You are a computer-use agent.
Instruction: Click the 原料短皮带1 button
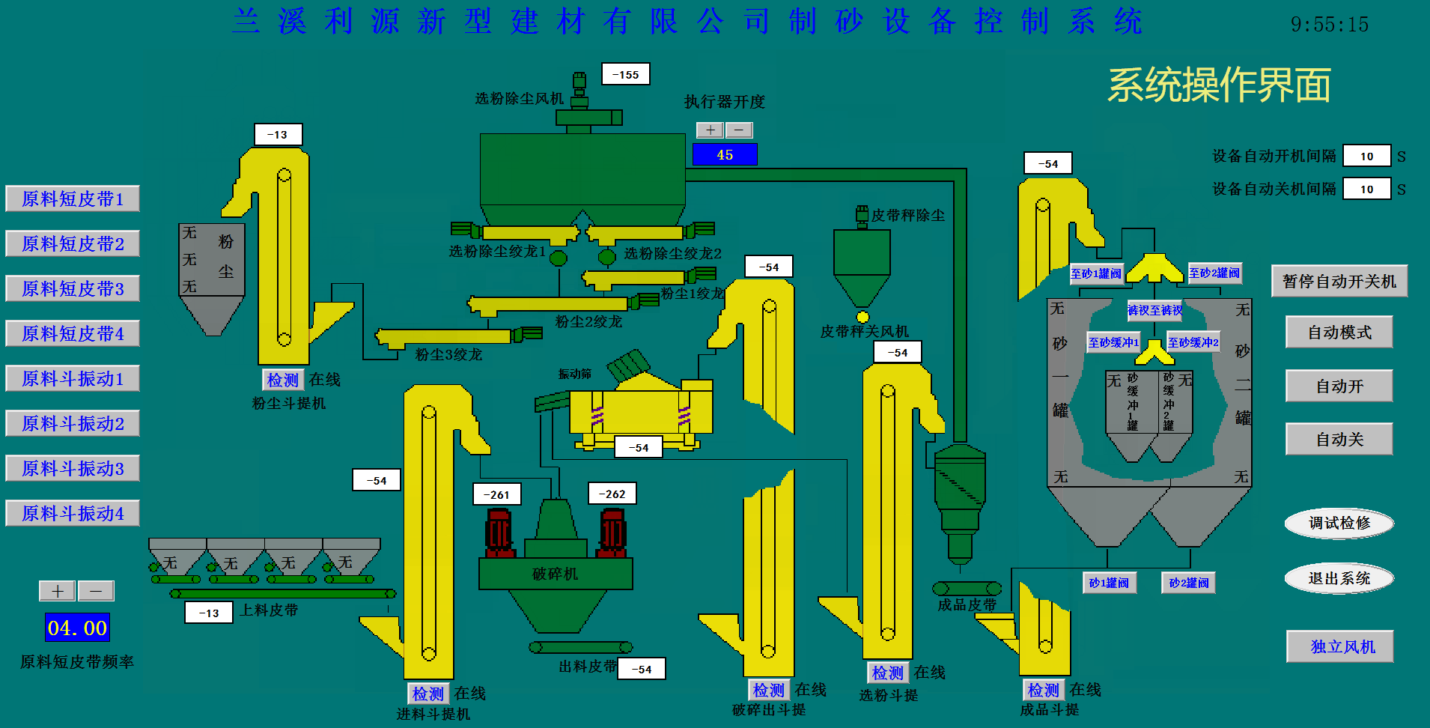73,199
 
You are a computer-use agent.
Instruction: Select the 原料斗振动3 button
73,469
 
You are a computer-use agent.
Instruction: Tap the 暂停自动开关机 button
1339,282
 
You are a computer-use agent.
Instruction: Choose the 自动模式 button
1339,333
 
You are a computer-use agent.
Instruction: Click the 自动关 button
1339,440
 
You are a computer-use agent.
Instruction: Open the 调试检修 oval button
1339,523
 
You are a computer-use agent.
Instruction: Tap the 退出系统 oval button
1339,578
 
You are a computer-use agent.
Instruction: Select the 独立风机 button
1340,646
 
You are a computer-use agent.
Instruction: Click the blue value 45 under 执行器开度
725,155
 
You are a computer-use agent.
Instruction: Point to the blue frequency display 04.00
77,628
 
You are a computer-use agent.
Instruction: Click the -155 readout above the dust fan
626,75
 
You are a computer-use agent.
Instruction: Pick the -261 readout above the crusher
497,494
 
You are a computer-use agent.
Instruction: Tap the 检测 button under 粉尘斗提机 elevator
283,380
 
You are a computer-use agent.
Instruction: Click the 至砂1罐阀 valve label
1096,274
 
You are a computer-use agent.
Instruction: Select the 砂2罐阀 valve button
1189,583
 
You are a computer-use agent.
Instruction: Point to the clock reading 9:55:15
1330,25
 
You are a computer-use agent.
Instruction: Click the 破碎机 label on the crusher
555,574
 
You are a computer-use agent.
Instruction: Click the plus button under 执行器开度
710,130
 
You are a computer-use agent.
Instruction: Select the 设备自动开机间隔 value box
1366,157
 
